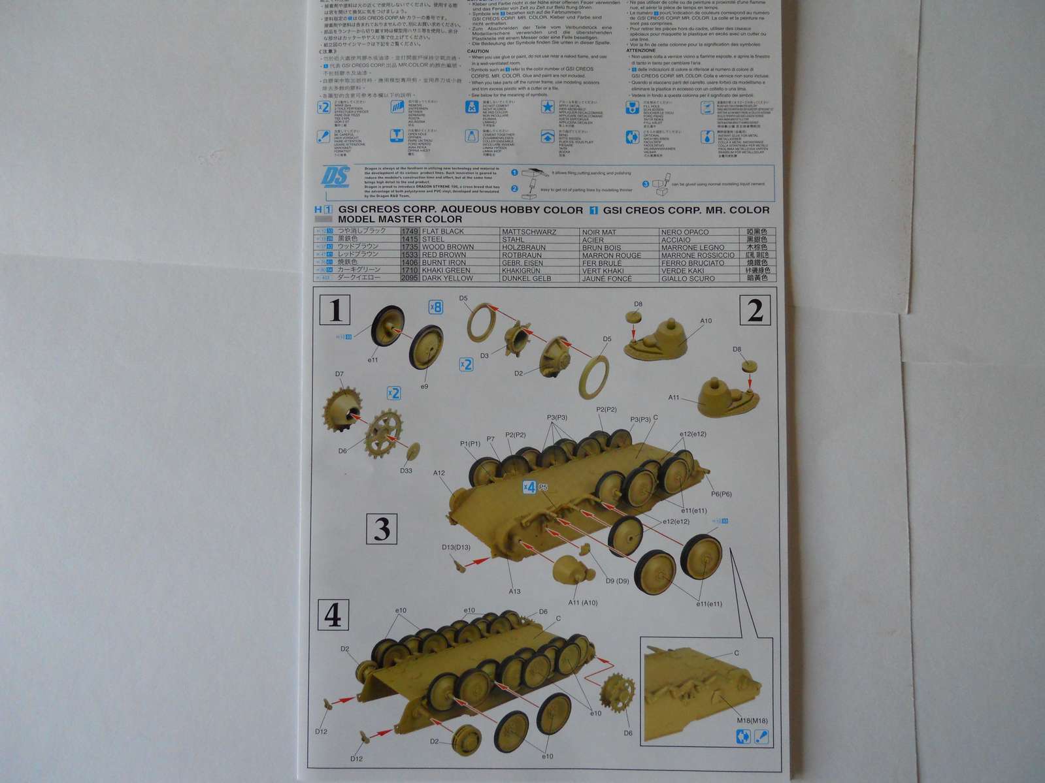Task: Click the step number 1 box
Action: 335,310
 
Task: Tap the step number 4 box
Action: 333,615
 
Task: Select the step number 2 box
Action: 755,310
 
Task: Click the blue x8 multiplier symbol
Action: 435,307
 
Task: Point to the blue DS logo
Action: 336,177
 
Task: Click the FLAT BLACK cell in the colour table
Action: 443,231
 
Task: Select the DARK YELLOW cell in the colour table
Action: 448,278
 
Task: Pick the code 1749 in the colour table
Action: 410,231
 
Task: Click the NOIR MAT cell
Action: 599,232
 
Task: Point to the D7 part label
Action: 339,374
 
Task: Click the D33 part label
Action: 406,470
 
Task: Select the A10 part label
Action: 706,321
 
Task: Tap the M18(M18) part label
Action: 752,720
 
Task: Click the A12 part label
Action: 439,473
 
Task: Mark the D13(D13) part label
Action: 456,547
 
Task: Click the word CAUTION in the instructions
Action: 478,51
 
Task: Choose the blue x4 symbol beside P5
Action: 529,487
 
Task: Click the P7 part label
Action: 490,439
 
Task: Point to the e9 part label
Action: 424,387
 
